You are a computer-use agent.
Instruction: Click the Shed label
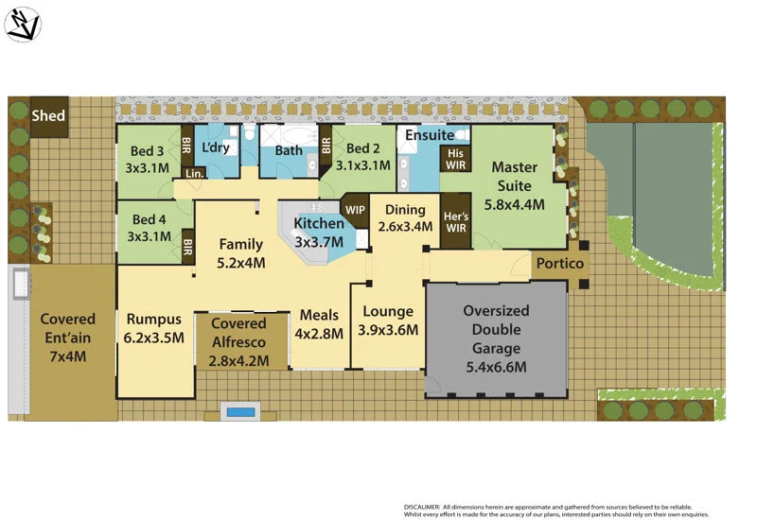click(48, 115)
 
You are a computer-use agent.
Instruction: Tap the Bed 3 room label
click(148, 159)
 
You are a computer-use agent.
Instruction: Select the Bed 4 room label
click(150, 228)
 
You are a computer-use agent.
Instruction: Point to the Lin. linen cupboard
click(195, 173)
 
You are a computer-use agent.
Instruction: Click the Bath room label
click(289, 150)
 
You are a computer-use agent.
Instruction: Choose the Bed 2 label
click(362, 157)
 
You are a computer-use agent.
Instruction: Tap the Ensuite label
click(430, 135)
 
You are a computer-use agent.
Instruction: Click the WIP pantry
click(355, 208)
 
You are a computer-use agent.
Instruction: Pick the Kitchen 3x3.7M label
click(318, 232)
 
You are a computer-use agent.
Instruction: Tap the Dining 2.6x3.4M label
click(404, 219)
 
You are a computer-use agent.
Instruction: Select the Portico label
click(561, 264)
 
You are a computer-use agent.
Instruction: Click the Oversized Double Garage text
click(496, 338)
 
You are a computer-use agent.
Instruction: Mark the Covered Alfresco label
click(239, 341)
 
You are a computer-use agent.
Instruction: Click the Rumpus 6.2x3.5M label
click(153, 328)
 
